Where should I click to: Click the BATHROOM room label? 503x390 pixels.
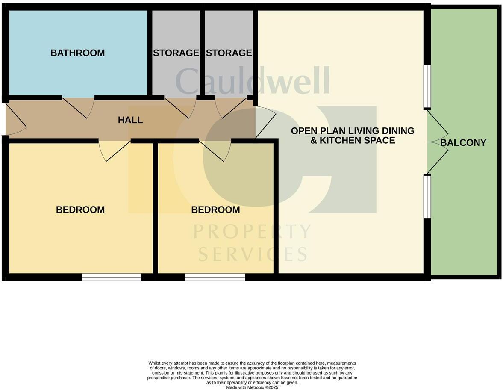(77, 53)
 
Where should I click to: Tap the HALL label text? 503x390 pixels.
(130, 120)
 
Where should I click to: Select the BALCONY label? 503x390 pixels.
(463, 143)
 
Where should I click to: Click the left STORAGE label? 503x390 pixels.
(176, 53)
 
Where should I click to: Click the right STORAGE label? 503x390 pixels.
(229, 53)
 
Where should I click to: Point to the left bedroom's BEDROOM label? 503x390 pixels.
(80, 210)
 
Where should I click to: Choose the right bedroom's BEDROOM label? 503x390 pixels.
(215, 210)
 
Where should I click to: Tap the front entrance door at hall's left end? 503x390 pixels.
(15, 120)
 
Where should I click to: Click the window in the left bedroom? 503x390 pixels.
(111, 277)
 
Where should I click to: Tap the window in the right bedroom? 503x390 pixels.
(215, 277)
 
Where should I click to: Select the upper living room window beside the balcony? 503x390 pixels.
(427, 86)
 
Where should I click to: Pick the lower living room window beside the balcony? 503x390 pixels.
(427, 196)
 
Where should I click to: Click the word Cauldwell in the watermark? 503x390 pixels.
(252, 81)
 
